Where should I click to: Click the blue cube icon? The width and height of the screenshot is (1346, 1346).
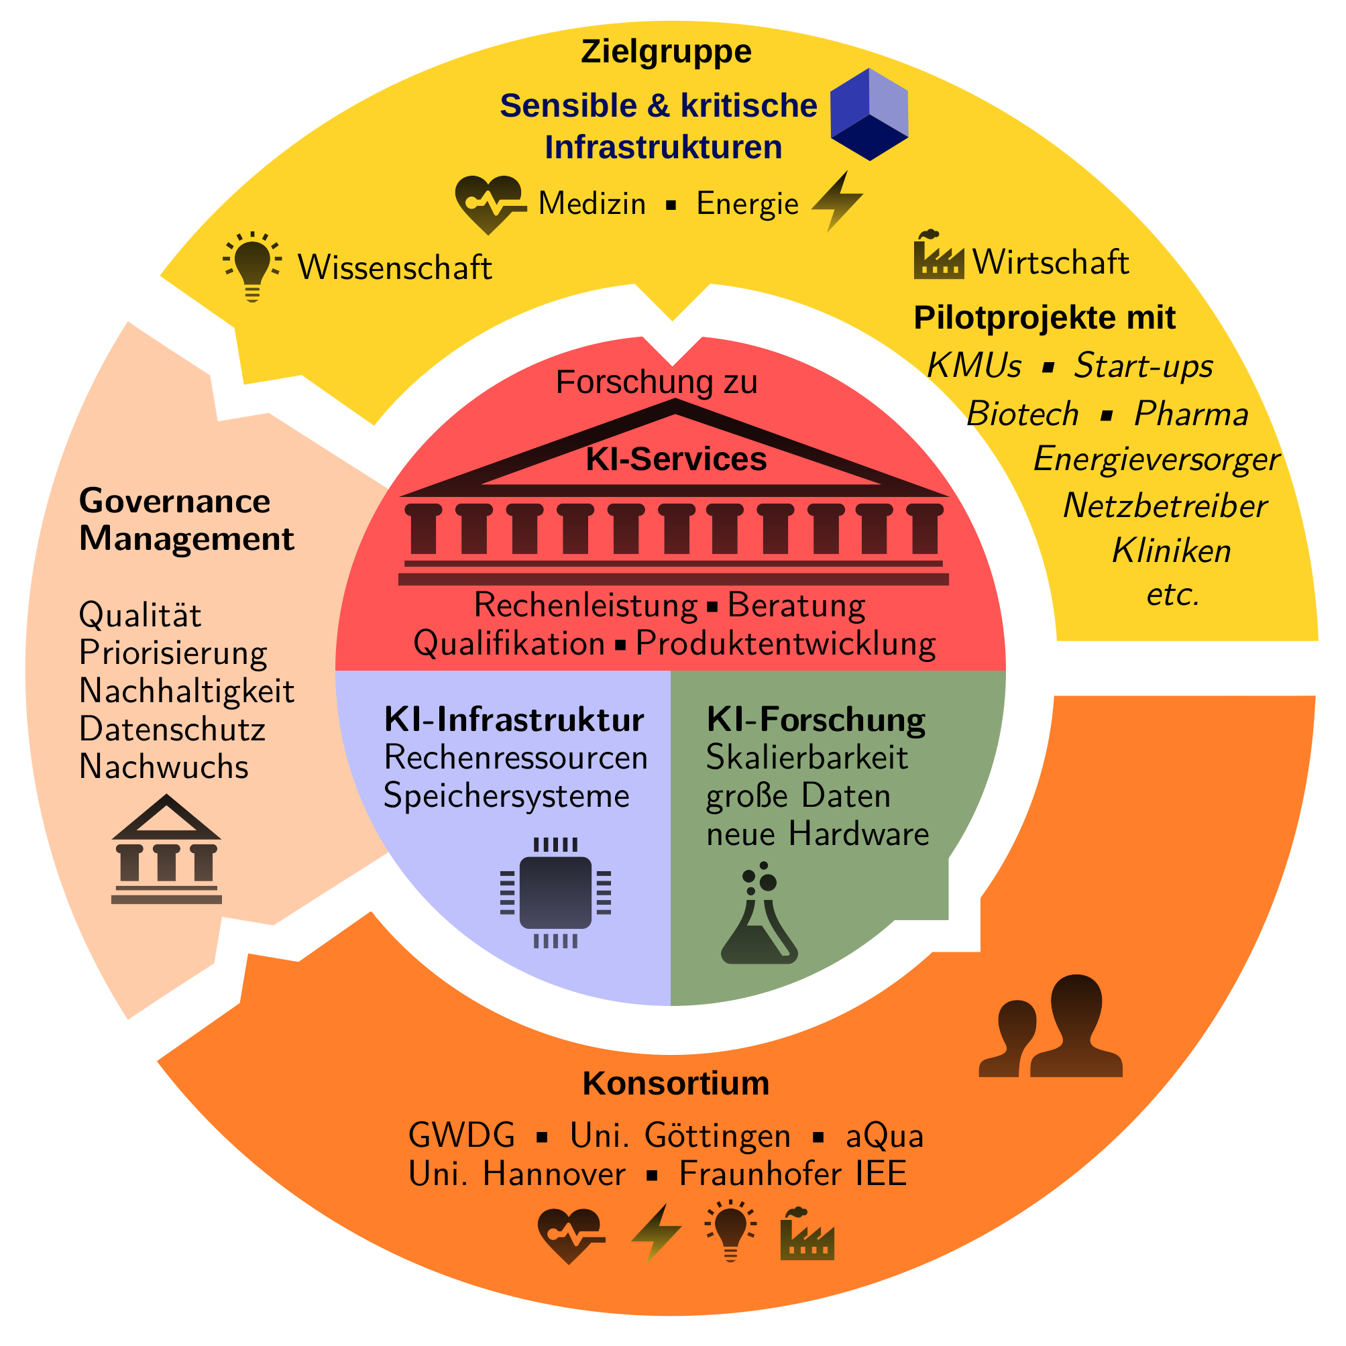tap(868, 114)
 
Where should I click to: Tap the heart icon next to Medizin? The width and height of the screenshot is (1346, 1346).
tap(488, 203)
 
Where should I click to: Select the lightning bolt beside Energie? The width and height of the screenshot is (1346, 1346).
tap(838, 201)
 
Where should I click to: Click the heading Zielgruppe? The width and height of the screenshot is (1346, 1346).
tap(666, 52)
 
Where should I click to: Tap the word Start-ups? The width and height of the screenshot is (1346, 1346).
tap(1143, 366)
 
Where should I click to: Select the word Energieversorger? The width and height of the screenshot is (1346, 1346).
tap(1156, 459)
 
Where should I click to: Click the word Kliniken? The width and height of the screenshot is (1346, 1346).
tap(1171, 551)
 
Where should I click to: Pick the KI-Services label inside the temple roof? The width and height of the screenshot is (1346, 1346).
tap(676, 459)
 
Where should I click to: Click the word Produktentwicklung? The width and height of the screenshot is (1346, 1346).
tap(785, 643)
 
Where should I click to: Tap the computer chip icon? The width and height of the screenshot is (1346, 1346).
tap(555, 893)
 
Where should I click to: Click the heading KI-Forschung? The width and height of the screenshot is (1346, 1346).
tap(816, 720)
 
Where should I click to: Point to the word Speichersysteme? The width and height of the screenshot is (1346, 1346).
tap(506, 795)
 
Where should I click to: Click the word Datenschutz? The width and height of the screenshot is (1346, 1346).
tap(172, 730)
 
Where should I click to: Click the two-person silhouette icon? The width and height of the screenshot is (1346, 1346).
tap(1052, 1027)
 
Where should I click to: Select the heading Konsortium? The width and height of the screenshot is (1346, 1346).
tap(676, 1083)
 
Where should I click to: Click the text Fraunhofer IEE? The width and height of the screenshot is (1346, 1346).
tap(793, 1174)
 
